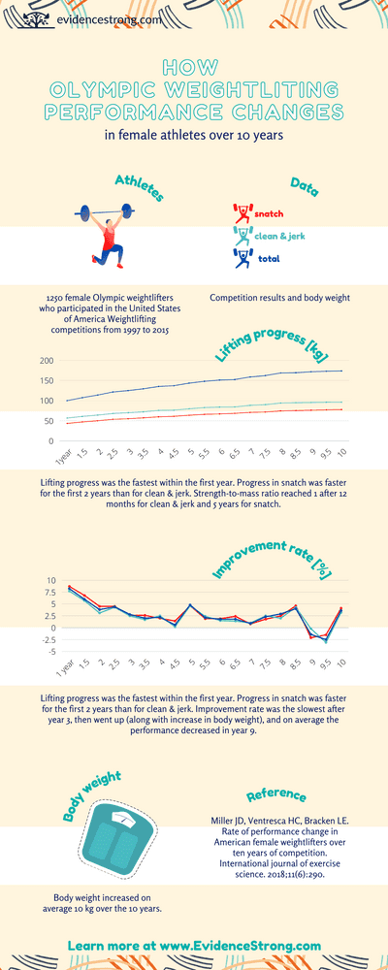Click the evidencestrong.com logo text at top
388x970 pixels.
94,18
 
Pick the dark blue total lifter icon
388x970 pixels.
242,258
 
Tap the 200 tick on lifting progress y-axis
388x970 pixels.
47,361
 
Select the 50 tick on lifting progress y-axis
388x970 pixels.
48,420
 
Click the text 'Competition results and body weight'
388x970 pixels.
279,298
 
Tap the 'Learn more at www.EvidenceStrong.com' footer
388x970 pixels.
194,945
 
